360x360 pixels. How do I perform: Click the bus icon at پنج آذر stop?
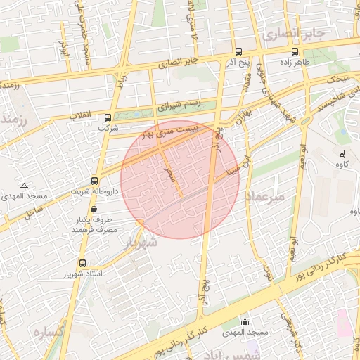[x=238, y=51]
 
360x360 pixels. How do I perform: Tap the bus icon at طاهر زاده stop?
[x=295, y=51]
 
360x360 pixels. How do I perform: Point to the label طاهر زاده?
[x=304, y=62]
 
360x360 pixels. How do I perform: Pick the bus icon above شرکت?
[x=108, y=118]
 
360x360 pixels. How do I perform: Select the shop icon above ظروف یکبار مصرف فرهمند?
[x=94, y=209]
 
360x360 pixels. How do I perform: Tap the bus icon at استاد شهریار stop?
[x=83, y=263]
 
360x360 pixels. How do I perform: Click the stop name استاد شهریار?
[x=84, y=273]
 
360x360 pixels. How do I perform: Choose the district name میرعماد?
[x=265, y=198]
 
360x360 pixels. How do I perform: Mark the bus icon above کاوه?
[x=342, y=153]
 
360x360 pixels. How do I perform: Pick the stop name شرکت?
[x=108, y=129]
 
